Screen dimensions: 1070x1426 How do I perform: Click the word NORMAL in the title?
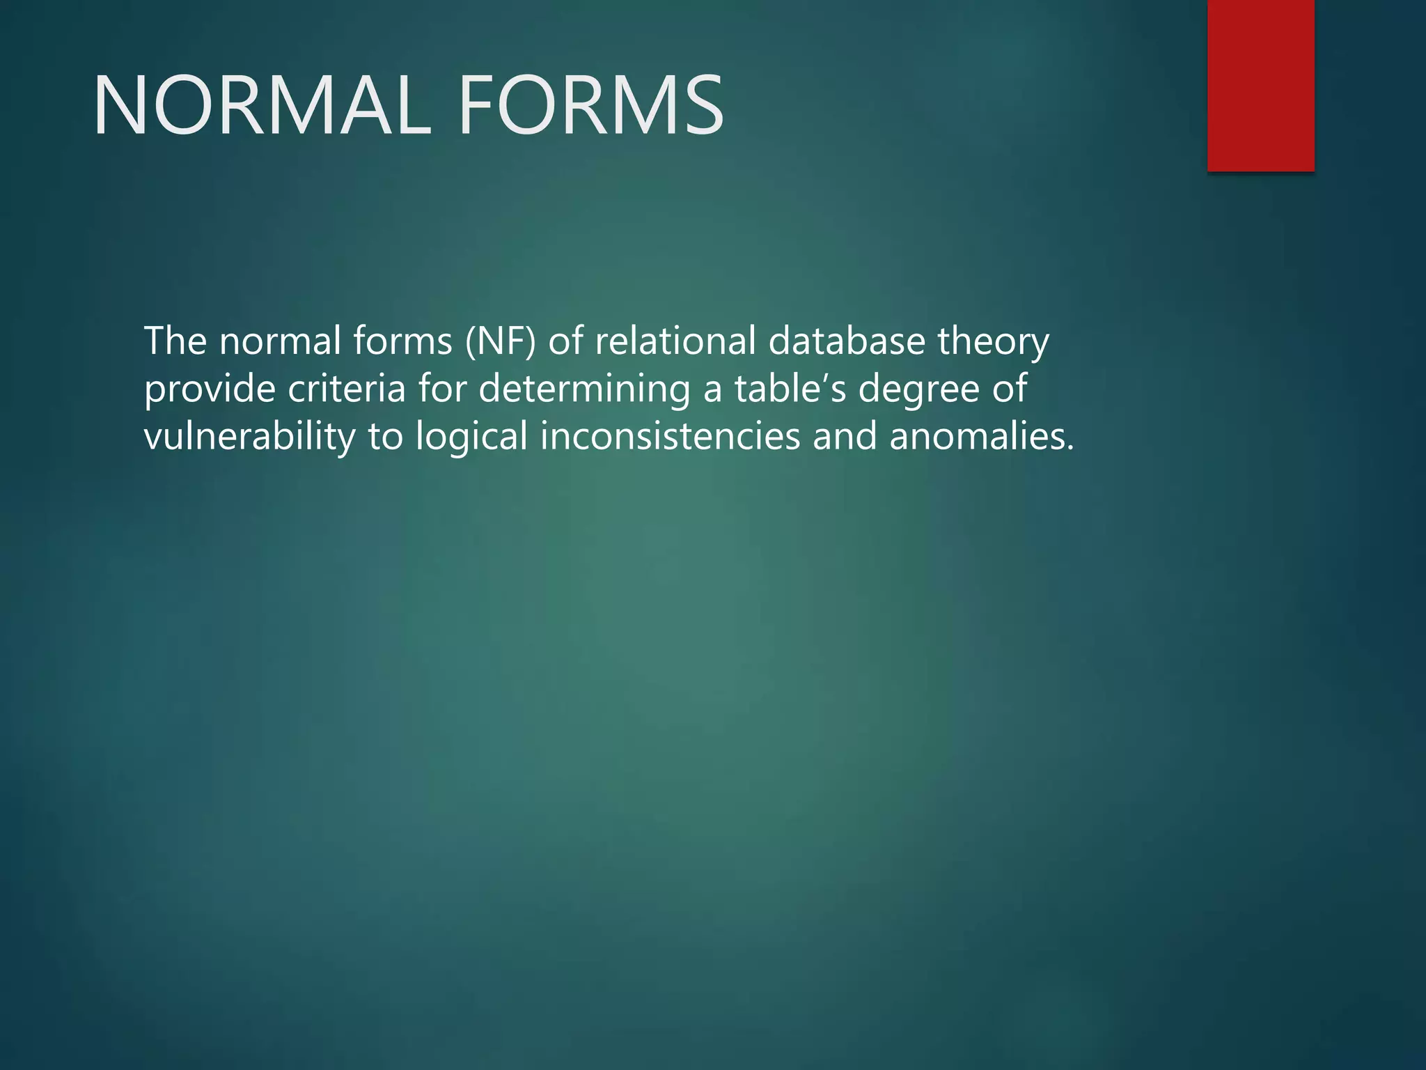(262, 106)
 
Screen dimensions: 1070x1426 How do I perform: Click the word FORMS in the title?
(590, 106)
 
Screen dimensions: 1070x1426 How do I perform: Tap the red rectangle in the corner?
(1260, 85)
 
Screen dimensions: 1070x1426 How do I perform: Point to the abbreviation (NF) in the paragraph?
(501, 341)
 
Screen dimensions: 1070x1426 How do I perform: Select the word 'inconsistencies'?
(670, 437)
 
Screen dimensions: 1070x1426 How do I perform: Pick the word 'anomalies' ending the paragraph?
(982, 437)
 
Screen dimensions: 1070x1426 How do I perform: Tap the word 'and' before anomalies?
(845, 437)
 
